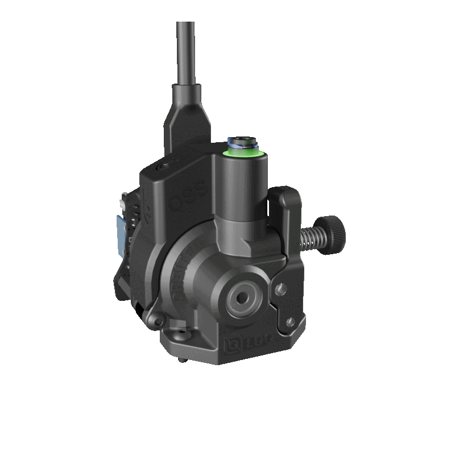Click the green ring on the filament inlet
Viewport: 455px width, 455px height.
[243, 152]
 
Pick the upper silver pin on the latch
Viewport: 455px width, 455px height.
[279, 291]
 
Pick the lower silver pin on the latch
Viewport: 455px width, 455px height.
[290, 322]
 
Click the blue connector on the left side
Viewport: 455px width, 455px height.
[119, 233]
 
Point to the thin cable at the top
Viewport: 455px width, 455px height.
[185, 51]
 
